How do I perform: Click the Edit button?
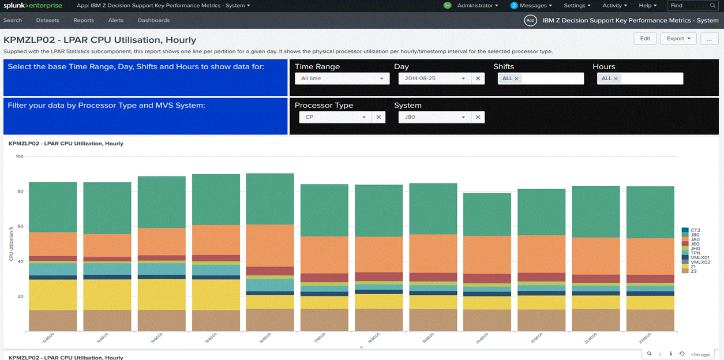coord(645,39)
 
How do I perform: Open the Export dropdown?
coord(678,39)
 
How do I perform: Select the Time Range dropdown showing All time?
coord(342,78)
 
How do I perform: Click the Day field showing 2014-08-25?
coord(434,78)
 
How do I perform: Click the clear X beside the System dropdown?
coord(478,117)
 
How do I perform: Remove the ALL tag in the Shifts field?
coord(516,78)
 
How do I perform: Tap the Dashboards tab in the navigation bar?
coord(153,20)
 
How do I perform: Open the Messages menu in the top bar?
coord(531,6)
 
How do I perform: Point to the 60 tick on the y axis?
coord(20,226)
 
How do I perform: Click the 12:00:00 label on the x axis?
coord(48,339)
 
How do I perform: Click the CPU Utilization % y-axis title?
coord(11,243)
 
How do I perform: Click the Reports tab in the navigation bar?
coord(84,20)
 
